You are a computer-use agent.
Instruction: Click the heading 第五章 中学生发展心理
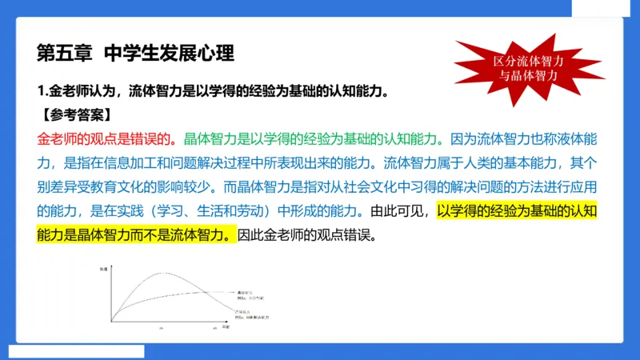pos(135,54)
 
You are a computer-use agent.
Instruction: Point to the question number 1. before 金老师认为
pos(43,90)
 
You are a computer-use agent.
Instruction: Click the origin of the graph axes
pos(111,322)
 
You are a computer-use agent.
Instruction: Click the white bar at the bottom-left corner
pos(76,351)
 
